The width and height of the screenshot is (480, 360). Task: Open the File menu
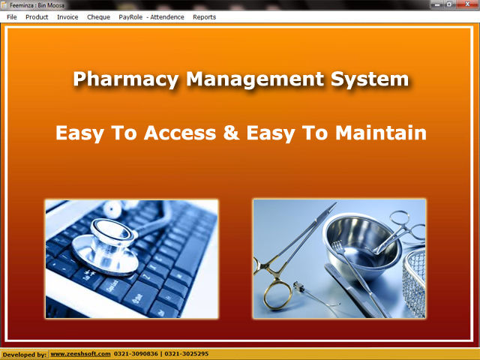tap(12, 17)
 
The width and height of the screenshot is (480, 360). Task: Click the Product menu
tap(37, 17)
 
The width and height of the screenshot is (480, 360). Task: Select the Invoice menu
tap(67, 17)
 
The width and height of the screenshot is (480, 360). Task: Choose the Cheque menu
tap(98, 17)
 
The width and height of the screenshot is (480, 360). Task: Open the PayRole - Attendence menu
tap(151, 17)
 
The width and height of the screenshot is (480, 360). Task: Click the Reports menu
tap(204, 17)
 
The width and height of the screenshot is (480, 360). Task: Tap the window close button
tap(467, 4)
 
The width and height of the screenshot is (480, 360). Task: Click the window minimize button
tap(436, 4)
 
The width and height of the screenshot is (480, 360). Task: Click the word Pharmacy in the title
tap(126, 79)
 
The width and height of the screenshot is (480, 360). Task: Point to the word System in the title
tap(370, 79)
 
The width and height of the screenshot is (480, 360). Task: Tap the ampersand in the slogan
tap(231, 133)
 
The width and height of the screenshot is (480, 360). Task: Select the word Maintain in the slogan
tap(381, 133)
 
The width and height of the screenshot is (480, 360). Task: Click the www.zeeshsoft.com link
tap(80, 354)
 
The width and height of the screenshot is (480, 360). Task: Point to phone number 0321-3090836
tap(136, 354)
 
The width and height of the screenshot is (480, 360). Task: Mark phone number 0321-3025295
tap(187, 354)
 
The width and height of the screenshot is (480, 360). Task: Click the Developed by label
tap(25, 355)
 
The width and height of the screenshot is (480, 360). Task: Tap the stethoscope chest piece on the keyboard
tap(106, 245)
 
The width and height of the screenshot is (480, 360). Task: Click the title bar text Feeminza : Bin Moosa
tap(37, 5)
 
